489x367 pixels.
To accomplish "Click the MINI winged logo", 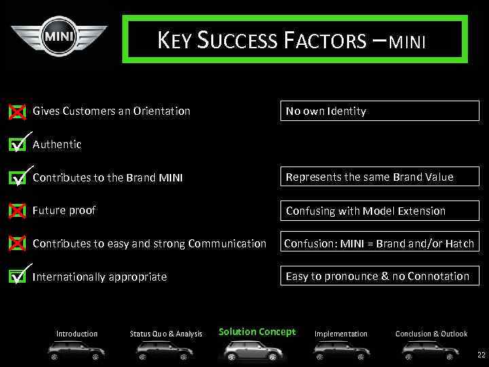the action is [58, 36].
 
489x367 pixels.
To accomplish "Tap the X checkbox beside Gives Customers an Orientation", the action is [18, 112].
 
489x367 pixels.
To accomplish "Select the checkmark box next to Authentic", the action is [18, 145].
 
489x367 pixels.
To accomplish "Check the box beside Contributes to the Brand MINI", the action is [18, 178].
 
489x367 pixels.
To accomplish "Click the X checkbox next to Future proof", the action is [18, 211].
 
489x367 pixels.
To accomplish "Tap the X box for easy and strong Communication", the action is [18, 244].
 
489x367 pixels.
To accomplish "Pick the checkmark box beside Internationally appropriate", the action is [18, 277].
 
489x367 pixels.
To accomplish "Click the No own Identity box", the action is [380, 111].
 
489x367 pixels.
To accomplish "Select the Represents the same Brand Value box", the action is [380, 177].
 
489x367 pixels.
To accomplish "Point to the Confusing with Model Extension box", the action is [380, 211].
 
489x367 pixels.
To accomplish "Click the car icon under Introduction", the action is [77, 351].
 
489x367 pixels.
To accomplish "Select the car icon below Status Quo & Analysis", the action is [166, 351].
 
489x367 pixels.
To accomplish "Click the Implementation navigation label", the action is [340, 334].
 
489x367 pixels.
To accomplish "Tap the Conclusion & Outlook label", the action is [431, 334].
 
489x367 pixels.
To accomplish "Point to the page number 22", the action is [481, 355].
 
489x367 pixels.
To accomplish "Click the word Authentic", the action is [57, 144].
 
